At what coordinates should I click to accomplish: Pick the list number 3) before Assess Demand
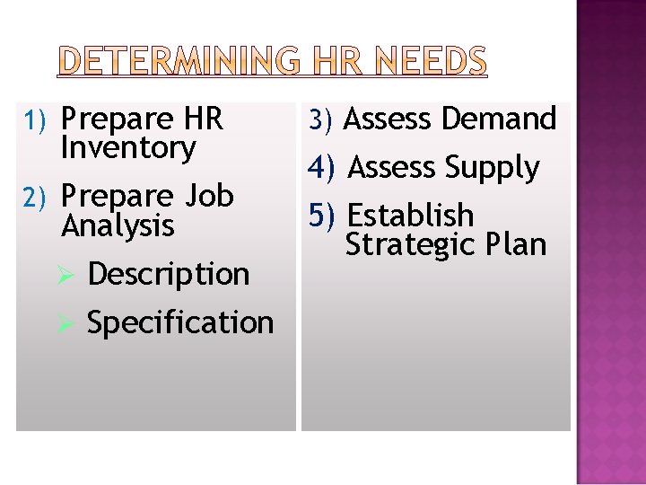click(x=321, y=119)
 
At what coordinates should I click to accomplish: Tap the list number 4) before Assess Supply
click(x=321, y=167)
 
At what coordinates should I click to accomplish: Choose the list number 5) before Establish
click(x=321, y=216)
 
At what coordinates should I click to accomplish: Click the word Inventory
click(x=127, y=148)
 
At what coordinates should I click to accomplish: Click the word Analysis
click(x=118, y=225)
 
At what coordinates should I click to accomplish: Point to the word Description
click(x=169, y=274)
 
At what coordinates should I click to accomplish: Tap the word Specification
click(x=180, y=322)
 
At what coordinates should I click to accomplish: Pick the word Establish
click(x=410, y=216)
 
